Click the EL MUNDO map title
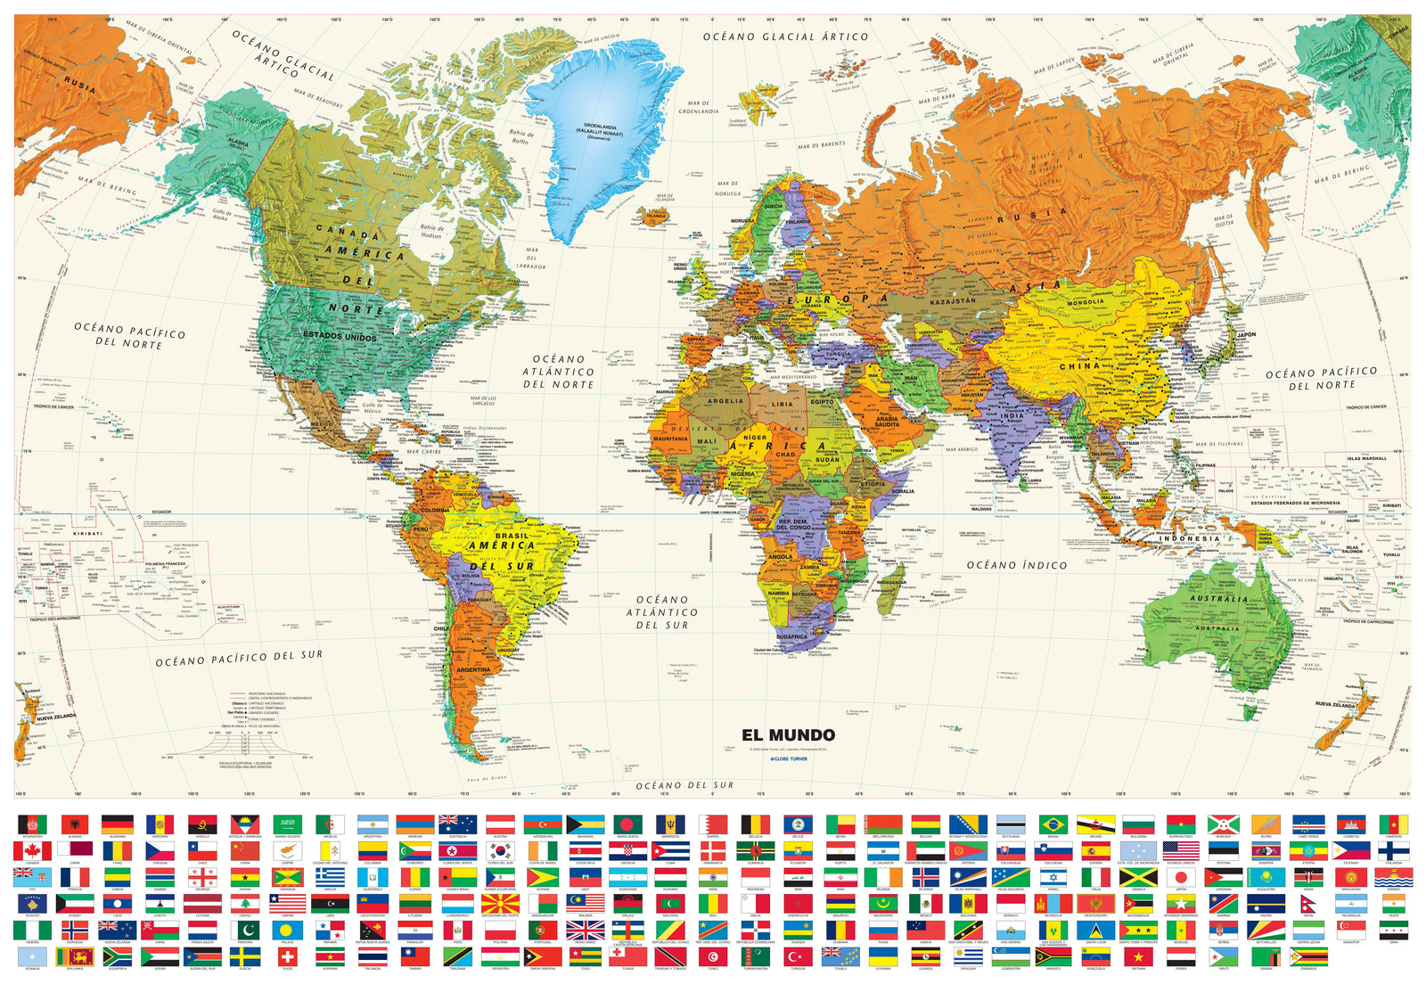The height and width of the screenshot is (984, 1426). tap(788, 734)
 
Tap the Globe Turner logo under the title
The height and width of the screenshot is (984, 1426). tap(788, 758)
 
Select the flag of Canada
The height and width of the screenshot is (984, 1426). tap(31, 850)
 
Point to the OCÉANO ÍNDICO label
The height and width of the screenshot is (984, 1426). tap(1016, 564)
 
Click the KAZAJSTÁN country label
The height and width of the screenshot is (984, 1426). tap(952, 301)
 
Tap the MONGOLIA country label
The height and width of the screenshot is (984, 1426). tap(1085, 301)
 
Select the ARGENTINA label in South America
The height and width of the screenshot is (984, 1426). tap(472, 668)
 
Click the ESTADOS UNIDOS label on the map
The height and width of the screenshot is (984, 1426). tap(340, 336)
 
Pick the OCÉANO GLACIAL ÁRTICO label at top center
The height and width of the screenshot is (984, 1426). tap(784, 37)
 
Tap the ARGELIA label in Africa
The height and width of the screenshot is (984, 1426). tap(725, 400)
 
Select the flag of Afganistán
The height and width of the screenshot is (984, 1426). tap(31, 824)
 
